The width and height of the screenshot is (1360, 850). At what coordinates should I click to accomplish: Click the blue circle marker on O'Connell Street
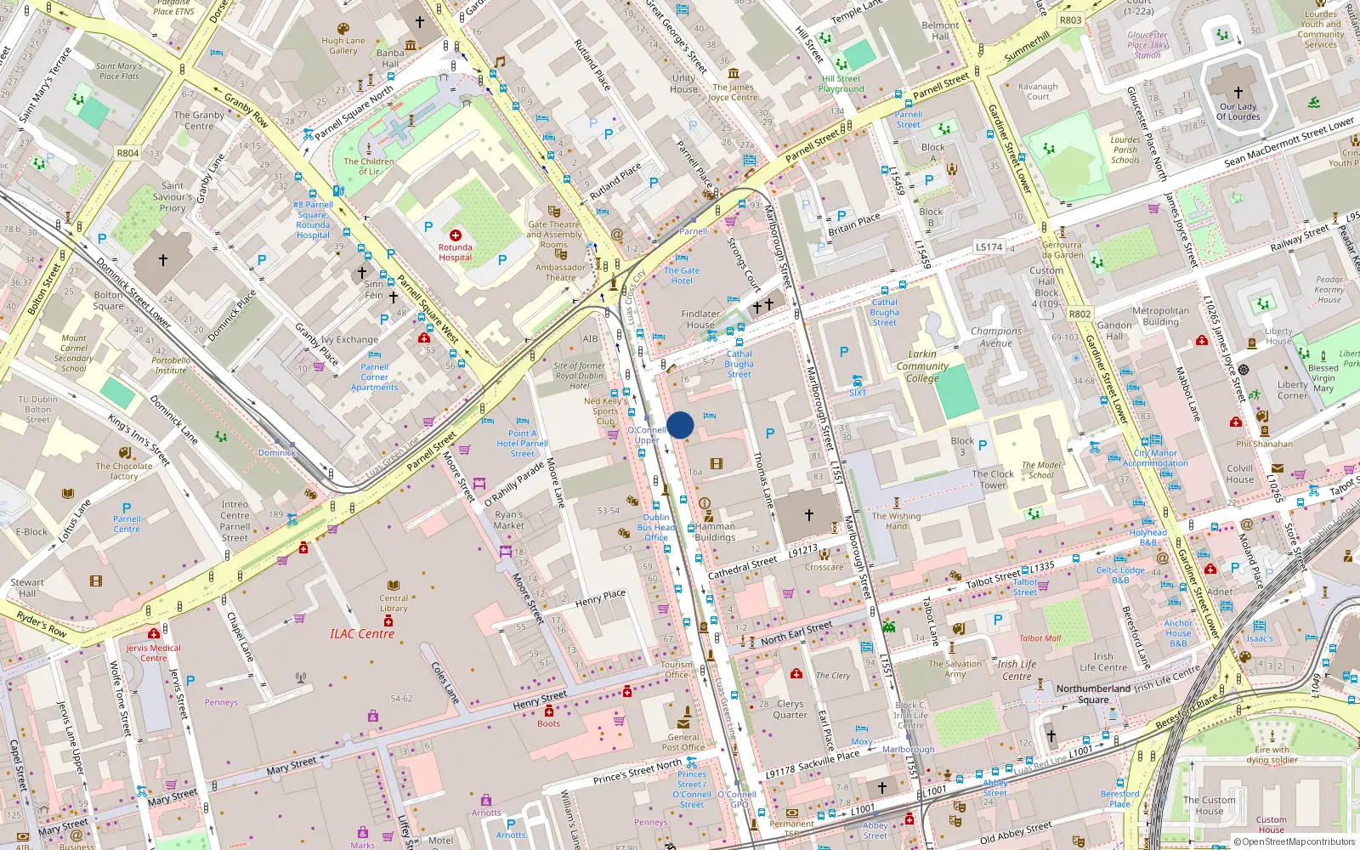680,425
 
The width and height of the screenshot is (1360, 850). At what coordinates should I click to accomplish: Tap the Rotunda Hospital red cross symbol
456,235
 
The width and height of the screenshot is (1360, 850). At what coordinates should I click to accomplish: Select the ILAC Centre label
362,634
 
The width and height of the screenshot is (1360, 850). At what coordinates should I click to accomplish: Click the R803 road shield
1071,20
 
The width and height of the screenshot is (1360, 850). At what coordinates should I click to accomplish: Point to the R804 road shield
127,153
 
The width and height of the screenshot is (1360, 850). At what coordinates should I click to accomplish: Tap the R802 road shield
1079,314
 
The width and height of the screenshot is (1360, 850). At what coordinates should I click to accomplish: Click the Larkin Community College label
922,366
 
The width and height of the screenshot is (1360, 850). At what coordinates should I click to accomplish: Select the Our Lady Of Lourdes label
1238,112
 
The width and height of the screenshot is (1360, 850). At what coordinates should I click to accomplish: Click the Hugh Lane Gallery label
343,46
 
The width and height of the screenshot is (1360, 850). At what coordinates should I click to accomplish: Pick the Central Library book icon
394,586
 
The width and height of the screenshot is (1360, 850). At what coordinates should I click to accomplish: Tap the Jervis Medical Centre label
154,653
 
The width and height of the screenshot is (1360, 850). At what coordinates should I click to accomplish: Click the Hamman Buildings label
715,532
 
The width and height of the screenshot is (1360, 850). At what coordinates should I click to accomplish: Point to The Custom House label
1210,805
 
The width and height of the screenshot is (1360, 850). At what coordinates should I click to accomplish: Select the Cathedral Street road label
742,568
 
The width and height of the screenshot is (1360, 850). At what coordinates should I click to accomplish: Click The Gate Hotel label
682,275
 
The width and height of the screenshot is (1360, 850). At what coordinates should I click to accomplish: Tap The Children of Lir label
369,166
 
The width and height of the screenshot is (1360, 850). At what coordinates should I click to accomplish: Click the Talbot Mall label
1040,638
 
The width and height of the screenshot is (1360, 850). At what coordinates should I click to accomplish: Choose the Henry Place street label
600,598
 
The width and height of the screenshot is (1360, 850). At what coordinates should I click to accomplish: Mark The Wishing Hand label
896,521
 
